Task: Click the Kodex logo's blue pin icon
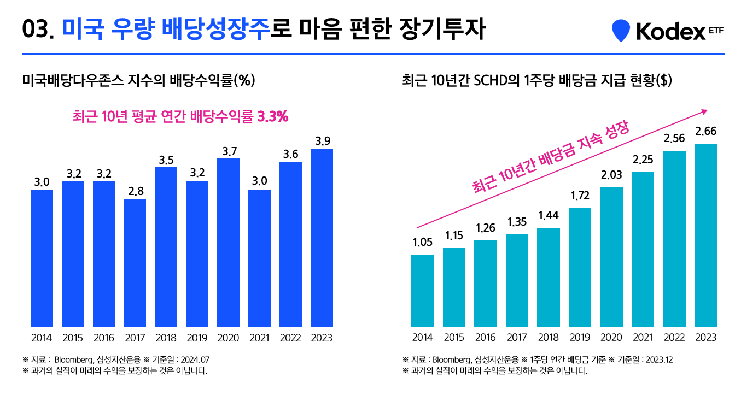pyautogui.click(x=620, y=31)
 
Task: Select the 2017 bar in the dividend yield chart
pyautogui.click(x=135, y=262)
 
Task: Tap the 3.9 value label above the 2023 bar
pyautogui.click(x=322, y=141)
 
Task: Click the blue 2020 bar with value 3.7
pyautogui.click(x=229, y=242)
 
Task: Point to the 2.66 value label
pyautogui.click(x=705, y=131)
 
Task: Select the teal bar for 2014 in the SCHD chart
pyautogui.click(x=422, y=290)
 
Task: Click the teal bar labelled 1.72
pyautogui.click(x=580, y=267)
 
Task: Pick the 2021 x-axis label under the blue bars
pyautogui.click(x=259, y=338)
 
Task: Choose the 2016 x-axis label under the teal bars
pyautogui.click(x=485, y=338)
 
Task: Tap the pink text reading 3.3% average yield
pyautogui.click(x=180, y=116)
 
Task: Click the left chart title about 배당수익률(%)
pyautogui.click(x=138, y=81)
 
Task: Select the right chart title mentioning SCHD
pyautogui.click(x=536, y=81)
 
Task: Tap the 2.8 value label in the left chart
pyautogui.click(x=135, y=191)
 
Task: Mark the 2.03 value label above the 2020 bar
pyautogui.click(x=611, y=175)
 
